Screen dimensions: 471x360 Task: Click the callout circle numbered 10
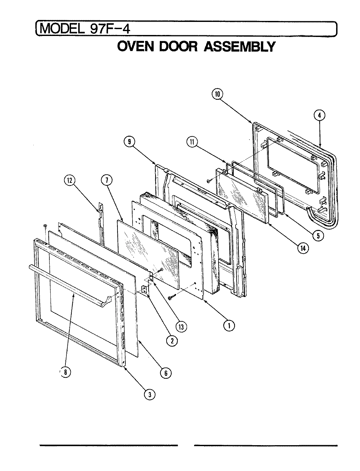point(217,94)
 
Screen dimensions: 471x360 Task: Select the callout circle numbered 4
point(320,115)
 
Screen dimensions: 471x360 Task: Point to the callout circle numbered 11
point(192,141)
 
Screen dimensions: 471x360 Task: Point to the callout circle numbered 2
point(172,341)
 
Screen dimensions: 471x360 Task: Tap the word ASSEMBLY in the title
point(240,47)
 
